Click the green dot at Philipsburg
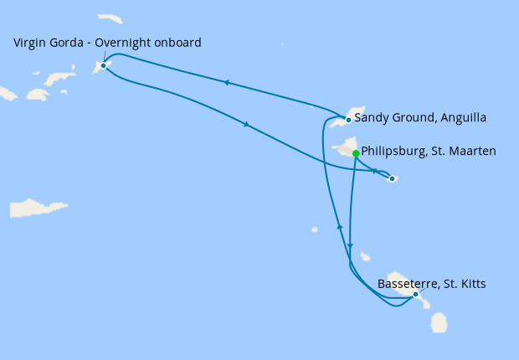point(356,153)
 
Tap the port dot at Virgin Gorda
point(103,65)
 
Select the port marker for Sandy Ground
point(348,120)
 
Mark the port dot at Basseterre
point(415,294)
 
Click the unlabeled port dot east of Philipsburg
point(392,178)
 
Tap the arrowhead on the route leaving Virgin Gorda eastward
point(246,125)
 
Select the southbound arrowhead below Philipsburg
point(350,246)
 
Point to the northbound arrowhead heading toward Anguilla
point(339,227)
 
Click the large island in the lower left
point(39,208)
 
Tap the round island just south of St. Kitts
point(438,321)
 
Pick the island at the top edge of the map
point(110,18)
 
